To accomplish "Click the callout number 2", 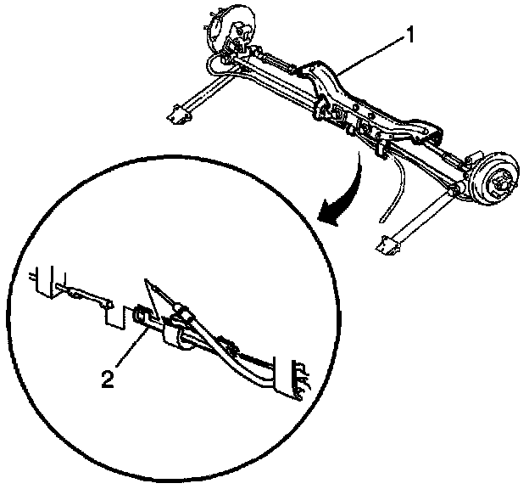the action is (108, 379).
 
